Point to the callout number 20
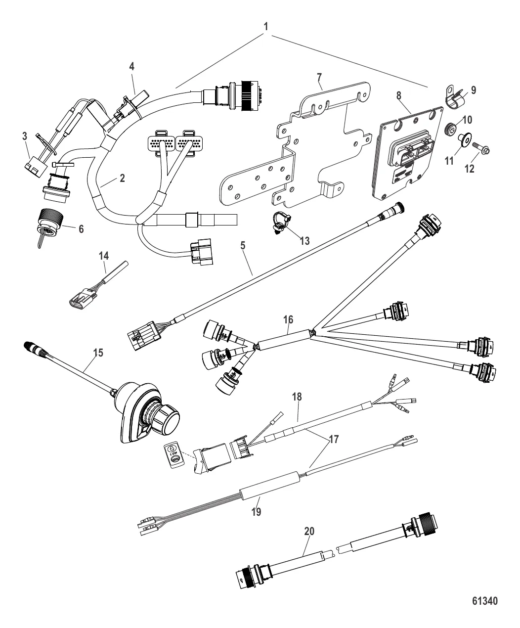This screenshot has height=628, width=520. pos(308,532)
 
